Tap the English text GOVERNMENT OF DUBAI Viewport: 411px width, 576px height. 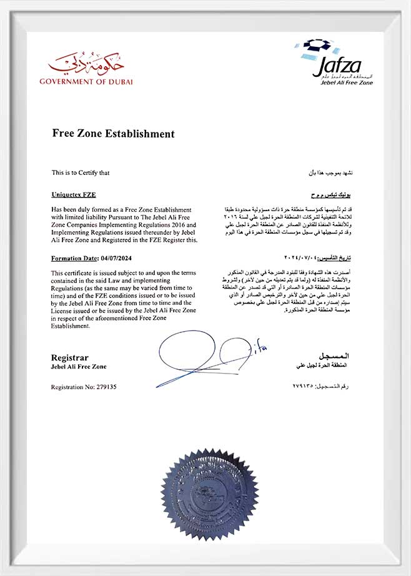tap(86, 82)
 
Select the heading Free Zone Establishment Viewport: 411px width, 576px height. tap(113, 134)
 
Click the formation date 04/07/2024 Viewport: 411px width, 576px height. tap(117, 258)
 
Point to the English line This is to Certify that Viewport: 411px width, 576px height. tap(81, 172)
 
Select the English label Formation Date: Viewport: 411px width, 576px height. tap(74, 258)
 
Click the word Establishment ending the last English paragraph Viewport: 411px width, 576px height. tap(71, 325)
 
